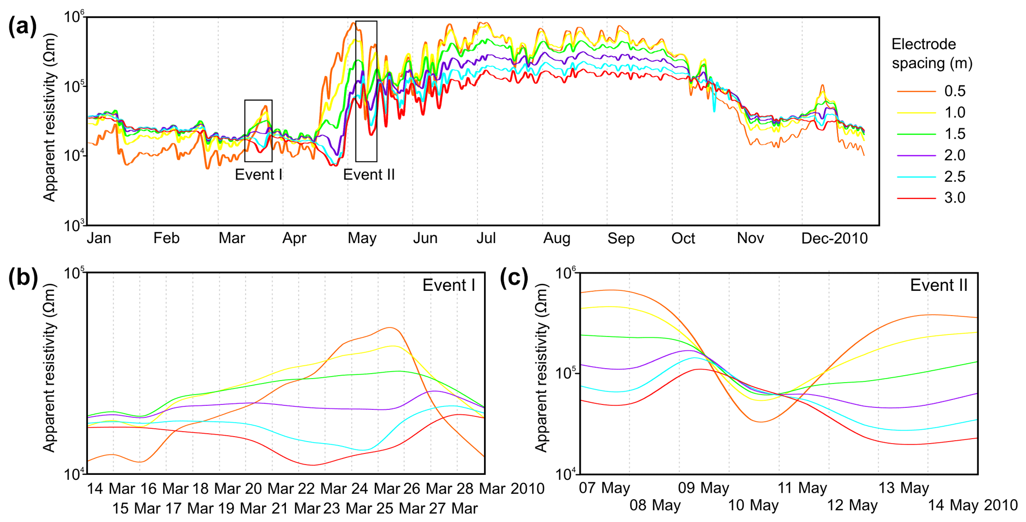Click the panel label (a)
(x=22, y=26)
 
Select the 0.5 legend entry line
(x=916, y=91)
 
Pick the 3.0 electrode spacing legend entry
(x=916, y=198)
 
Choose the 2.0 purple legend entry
(x=916, y=155)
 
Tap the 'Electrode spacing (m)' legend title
(x=932, y=54)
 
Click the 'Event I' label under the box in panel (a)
(x=258, y=175)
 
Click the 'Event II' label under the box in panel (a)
(x=369, y=175)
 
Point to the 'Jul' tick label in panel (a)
(x=486, y=239)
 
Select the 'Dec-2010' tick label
(x=834, y=239)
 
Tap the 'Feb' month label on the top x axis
(x=166, y=239)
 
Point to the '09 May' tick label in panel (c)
(x=703, y=488)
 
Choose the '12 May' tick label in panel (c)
(x=852, y=506)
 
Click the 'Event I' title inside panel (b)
(x=448, y=285)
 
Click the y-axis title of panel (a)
(x=49, y=118)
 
